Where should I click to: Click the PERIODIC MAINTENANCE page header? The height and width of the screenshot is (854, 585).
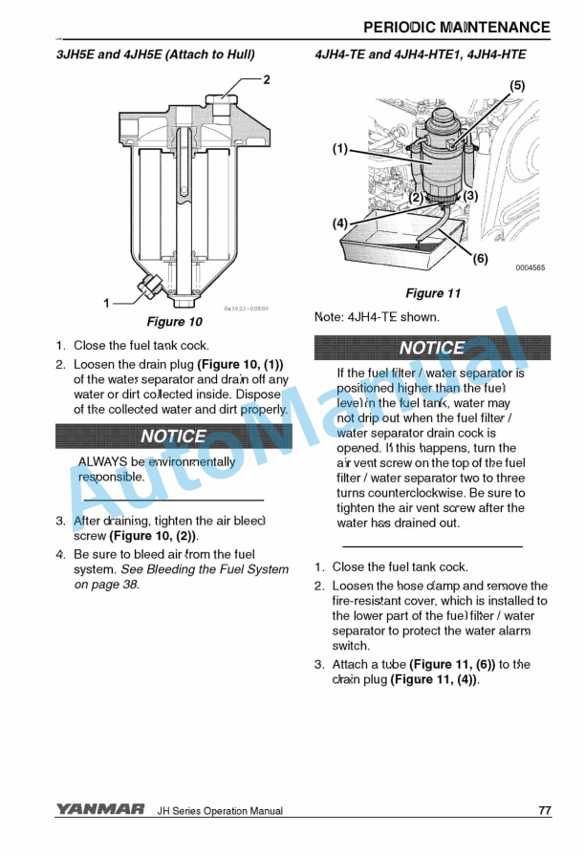tap(457, 27)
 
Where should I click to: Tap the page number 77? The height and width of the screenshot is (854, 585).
tap(544, 811)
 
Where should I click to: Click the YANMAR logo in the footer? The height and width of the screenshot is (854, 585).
tap(99, 811)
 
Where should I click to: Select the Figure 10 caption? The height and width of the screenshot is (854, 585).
tap(174, 322)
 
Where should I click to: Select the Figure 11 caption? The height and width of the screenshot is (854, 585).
tap(433, 293)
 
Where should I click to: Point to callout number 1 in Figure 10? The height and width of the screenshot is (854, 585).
tap(107, 303)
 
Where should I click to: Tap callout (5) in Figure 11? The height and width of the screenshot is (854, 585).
tap(516, 86)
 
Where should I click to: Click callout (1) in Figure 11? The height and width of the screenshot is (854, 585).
tap(340, 149)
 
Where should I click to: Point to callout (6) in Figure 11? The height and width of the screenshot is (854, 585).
tap(480, 258)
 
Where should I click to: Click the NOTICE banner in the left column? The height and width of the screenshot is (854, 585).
tap(173, 437)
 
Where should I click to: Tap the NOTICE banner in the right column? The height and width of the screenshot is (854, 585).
tap(432, 348)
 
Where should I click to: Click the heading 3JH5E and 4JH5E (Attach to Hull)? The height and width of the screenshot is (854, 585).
tap(155, 54)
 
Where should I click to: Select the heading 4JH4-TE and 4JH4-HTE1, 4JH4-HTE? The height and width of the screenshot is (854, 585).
tap(420, 54)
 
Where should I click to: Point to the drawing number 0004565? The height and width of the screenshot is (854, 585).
tap(530, 268)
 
